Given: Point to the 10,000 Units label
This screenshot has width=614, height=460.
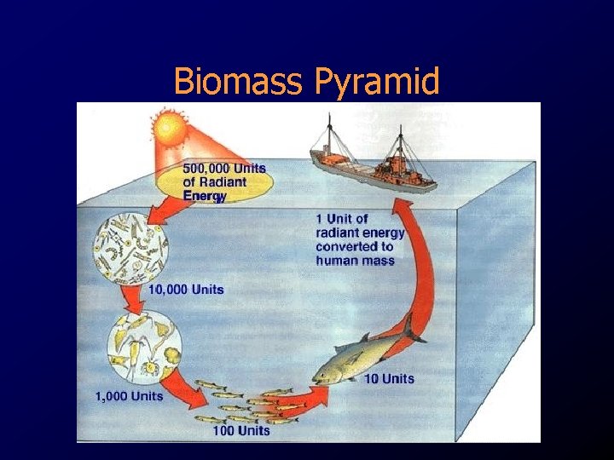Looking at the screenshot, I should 186,290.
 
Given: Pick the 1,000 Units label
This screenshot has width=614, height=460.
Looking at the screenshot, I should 129,396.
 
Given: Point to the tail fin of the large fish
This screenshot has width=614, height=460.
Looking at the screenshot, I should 412,327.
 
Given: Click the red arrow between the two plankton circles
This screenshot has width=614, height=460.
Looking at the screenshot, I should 133,298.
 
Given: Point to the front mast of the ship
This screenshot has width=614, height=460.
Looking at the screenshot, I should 328,136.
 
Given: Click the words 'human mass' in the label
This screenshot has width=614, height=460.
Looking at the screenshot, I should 355,260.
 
